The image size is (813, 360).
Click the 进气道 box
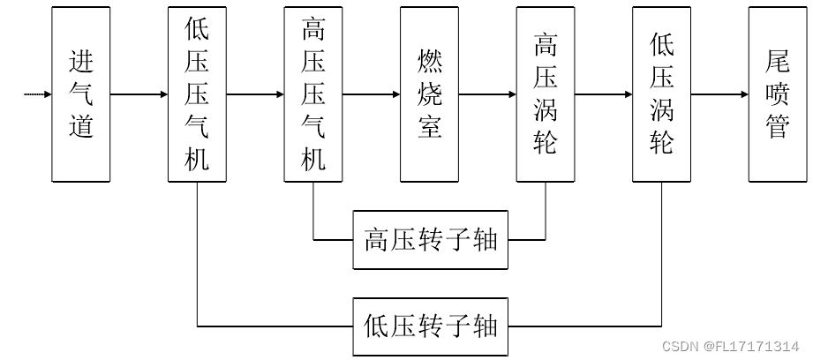(81, 94)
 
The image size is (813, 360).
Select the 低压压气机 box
(197, 94)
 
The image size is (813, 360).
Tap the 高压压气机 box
(313, 94)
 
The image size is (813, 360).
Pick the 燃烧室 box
(429, 94)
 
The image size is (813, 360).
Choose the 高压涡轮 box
(546, 94)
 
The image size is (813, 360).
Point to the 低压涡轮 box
(662, 94)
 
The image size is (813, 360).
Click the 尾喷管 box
(778, 94)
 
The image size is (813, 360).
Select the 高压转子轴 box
(431, 240)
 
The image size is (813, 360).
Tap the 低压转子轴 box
(431, 326)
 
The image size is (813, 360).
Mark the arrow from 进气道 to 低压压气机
(139, 94)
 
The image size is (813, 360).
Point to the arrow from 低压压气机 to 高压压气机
(255, 94)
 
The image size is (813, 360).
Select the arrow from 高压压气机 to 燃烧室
(372, 94)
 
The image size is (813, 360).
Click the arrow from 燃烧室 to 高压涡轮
(487, 94)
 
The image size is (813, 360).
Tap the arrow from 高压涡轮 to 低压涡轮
(604, 94)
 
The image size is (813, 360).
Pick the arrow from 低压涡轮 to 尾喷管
(719, 94)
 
